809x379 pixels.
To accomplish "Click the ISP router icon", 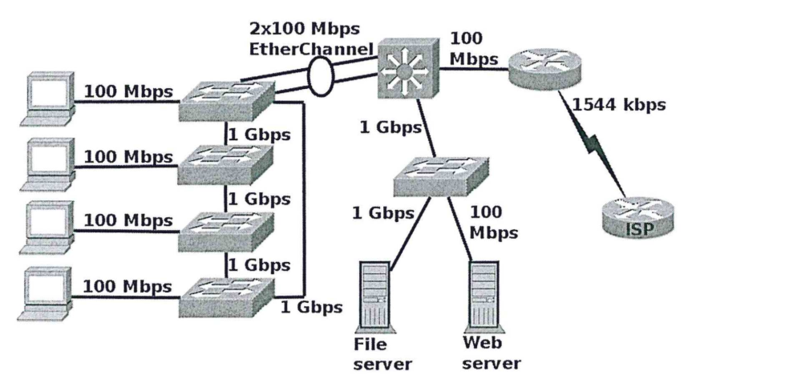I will pyautogui.click(x=638, y=215).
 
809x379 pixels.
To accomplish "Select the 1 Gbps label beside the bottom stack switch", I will pyautogui.click(x=311, y=307).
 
